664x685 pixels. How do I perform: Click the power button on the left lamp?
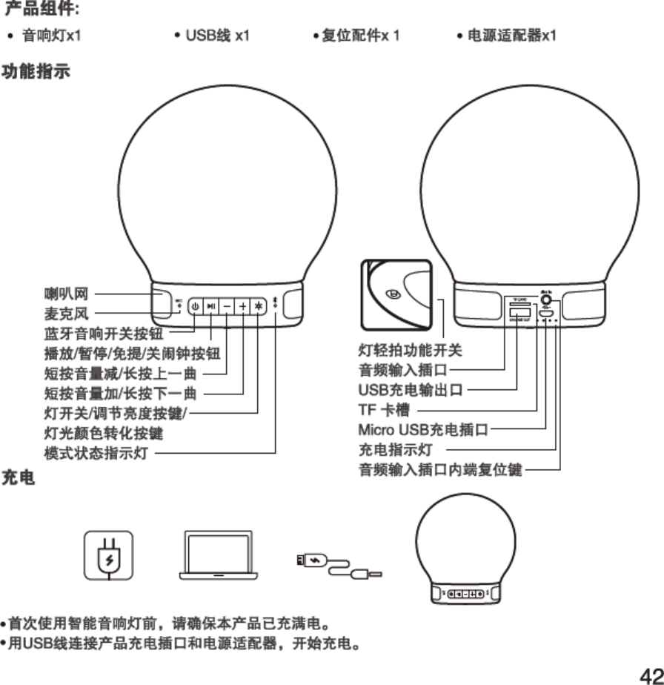(x=195, y=307)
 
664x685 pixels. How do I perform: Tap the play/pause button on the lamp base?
(x=211, y=307)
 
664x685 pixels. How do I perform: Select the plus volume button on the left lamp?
(x=242, y=307)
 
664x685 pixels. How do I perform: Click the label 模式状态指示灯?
(x=96, y=452)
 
